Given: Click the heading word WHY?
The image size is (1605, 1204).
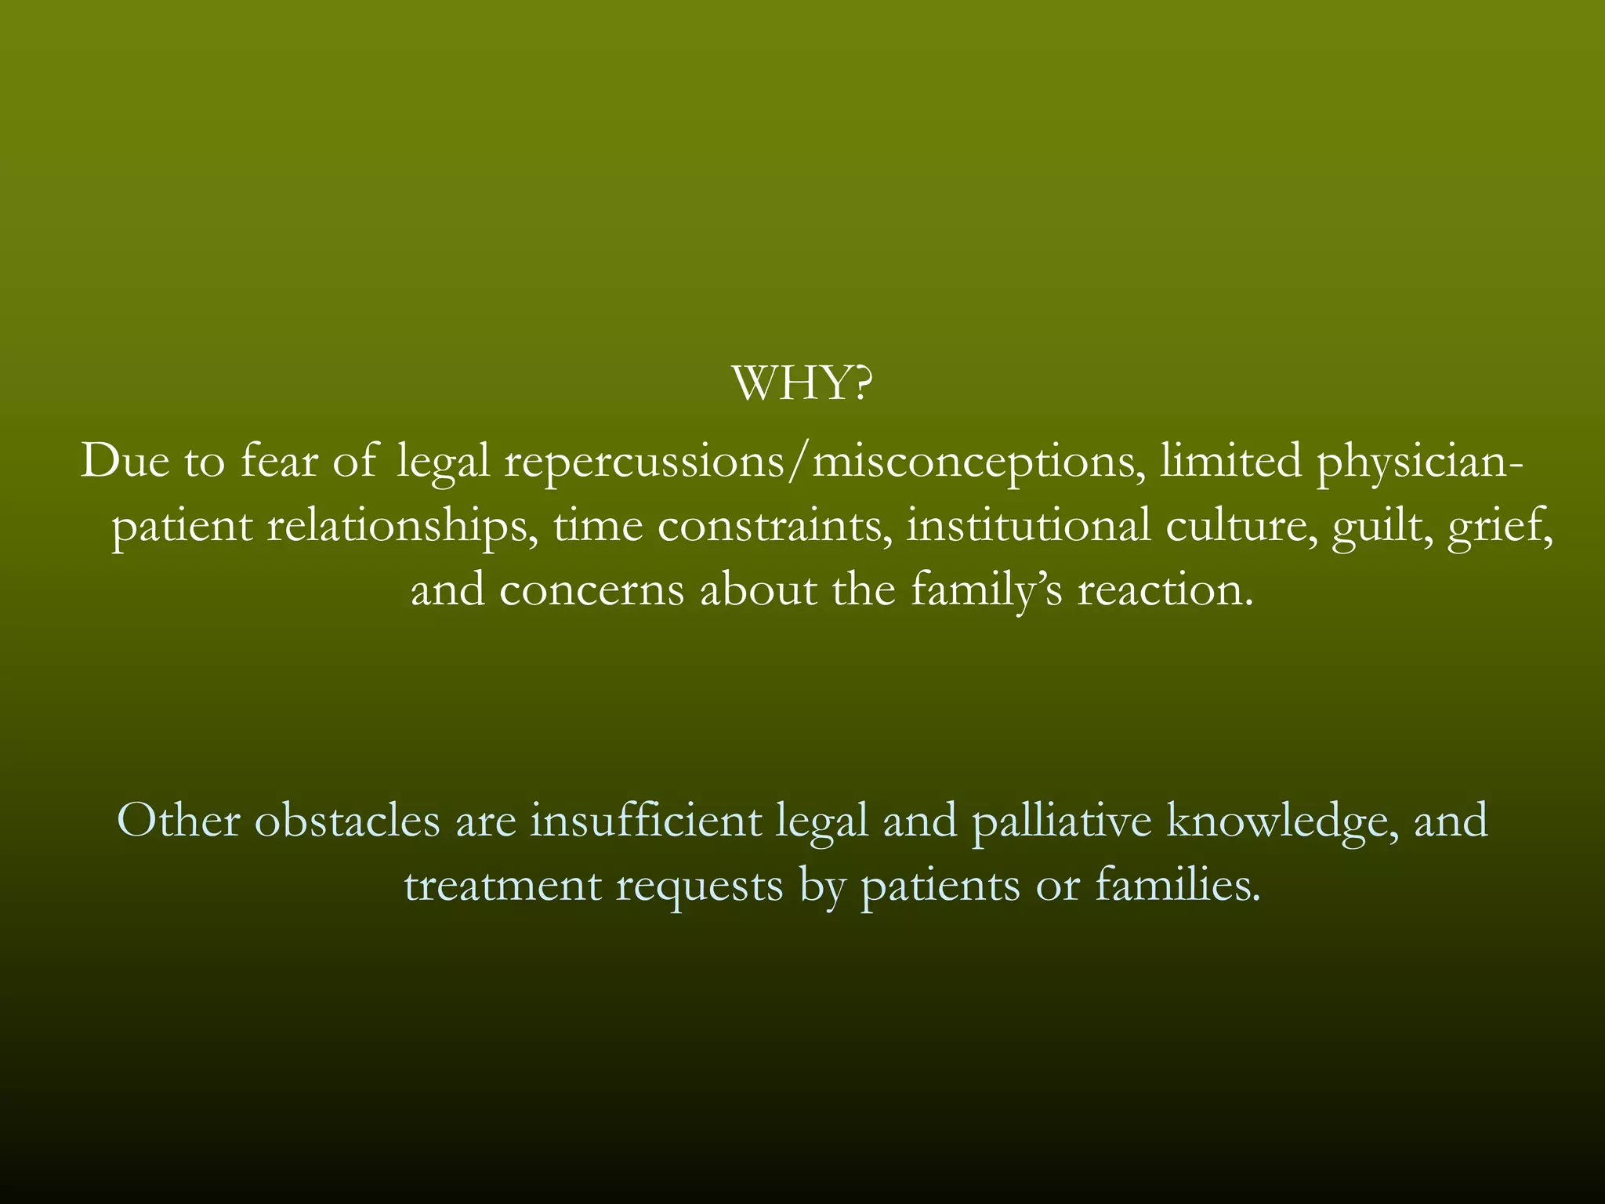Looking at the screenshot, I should [x=802, y=384].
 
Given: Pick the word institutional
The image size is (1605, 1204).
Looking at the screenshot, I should [x=1028, y=526].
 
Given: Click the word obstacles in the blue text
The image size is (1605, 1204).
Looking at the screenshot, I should [x=347, y=822].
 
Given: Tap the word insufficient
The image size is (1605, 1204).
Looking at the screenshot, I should [x=646, y=821].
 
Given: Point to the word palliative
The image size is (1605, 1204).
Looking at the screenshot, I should [x=1062, y=822].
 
